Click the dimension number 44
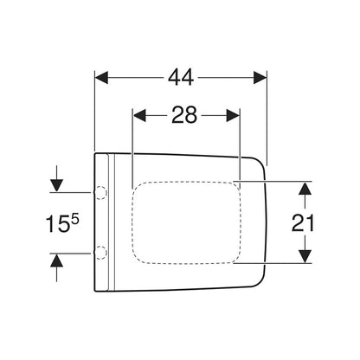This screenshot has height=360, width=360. (181, 77)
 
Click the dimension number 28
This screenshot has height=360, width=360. (184, 115)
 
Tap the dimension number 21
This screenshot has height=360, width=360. (303, 223)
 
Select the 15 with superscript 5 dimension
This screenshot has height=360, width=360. (62, 223)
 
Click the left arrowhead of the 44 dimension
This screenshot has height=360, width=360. (101, 77)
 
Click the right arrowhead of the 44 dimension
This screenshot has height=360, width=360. (260, 77)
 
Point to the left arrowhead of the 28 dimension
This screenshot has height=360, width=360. (139, 115)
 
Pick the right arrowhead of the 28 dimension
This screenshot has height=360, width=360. (233, 115)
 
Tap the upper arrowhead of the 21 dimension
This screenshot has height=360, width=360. (305, 189)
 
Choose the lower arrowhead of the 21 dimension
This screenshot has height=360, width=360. (305, 256)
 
